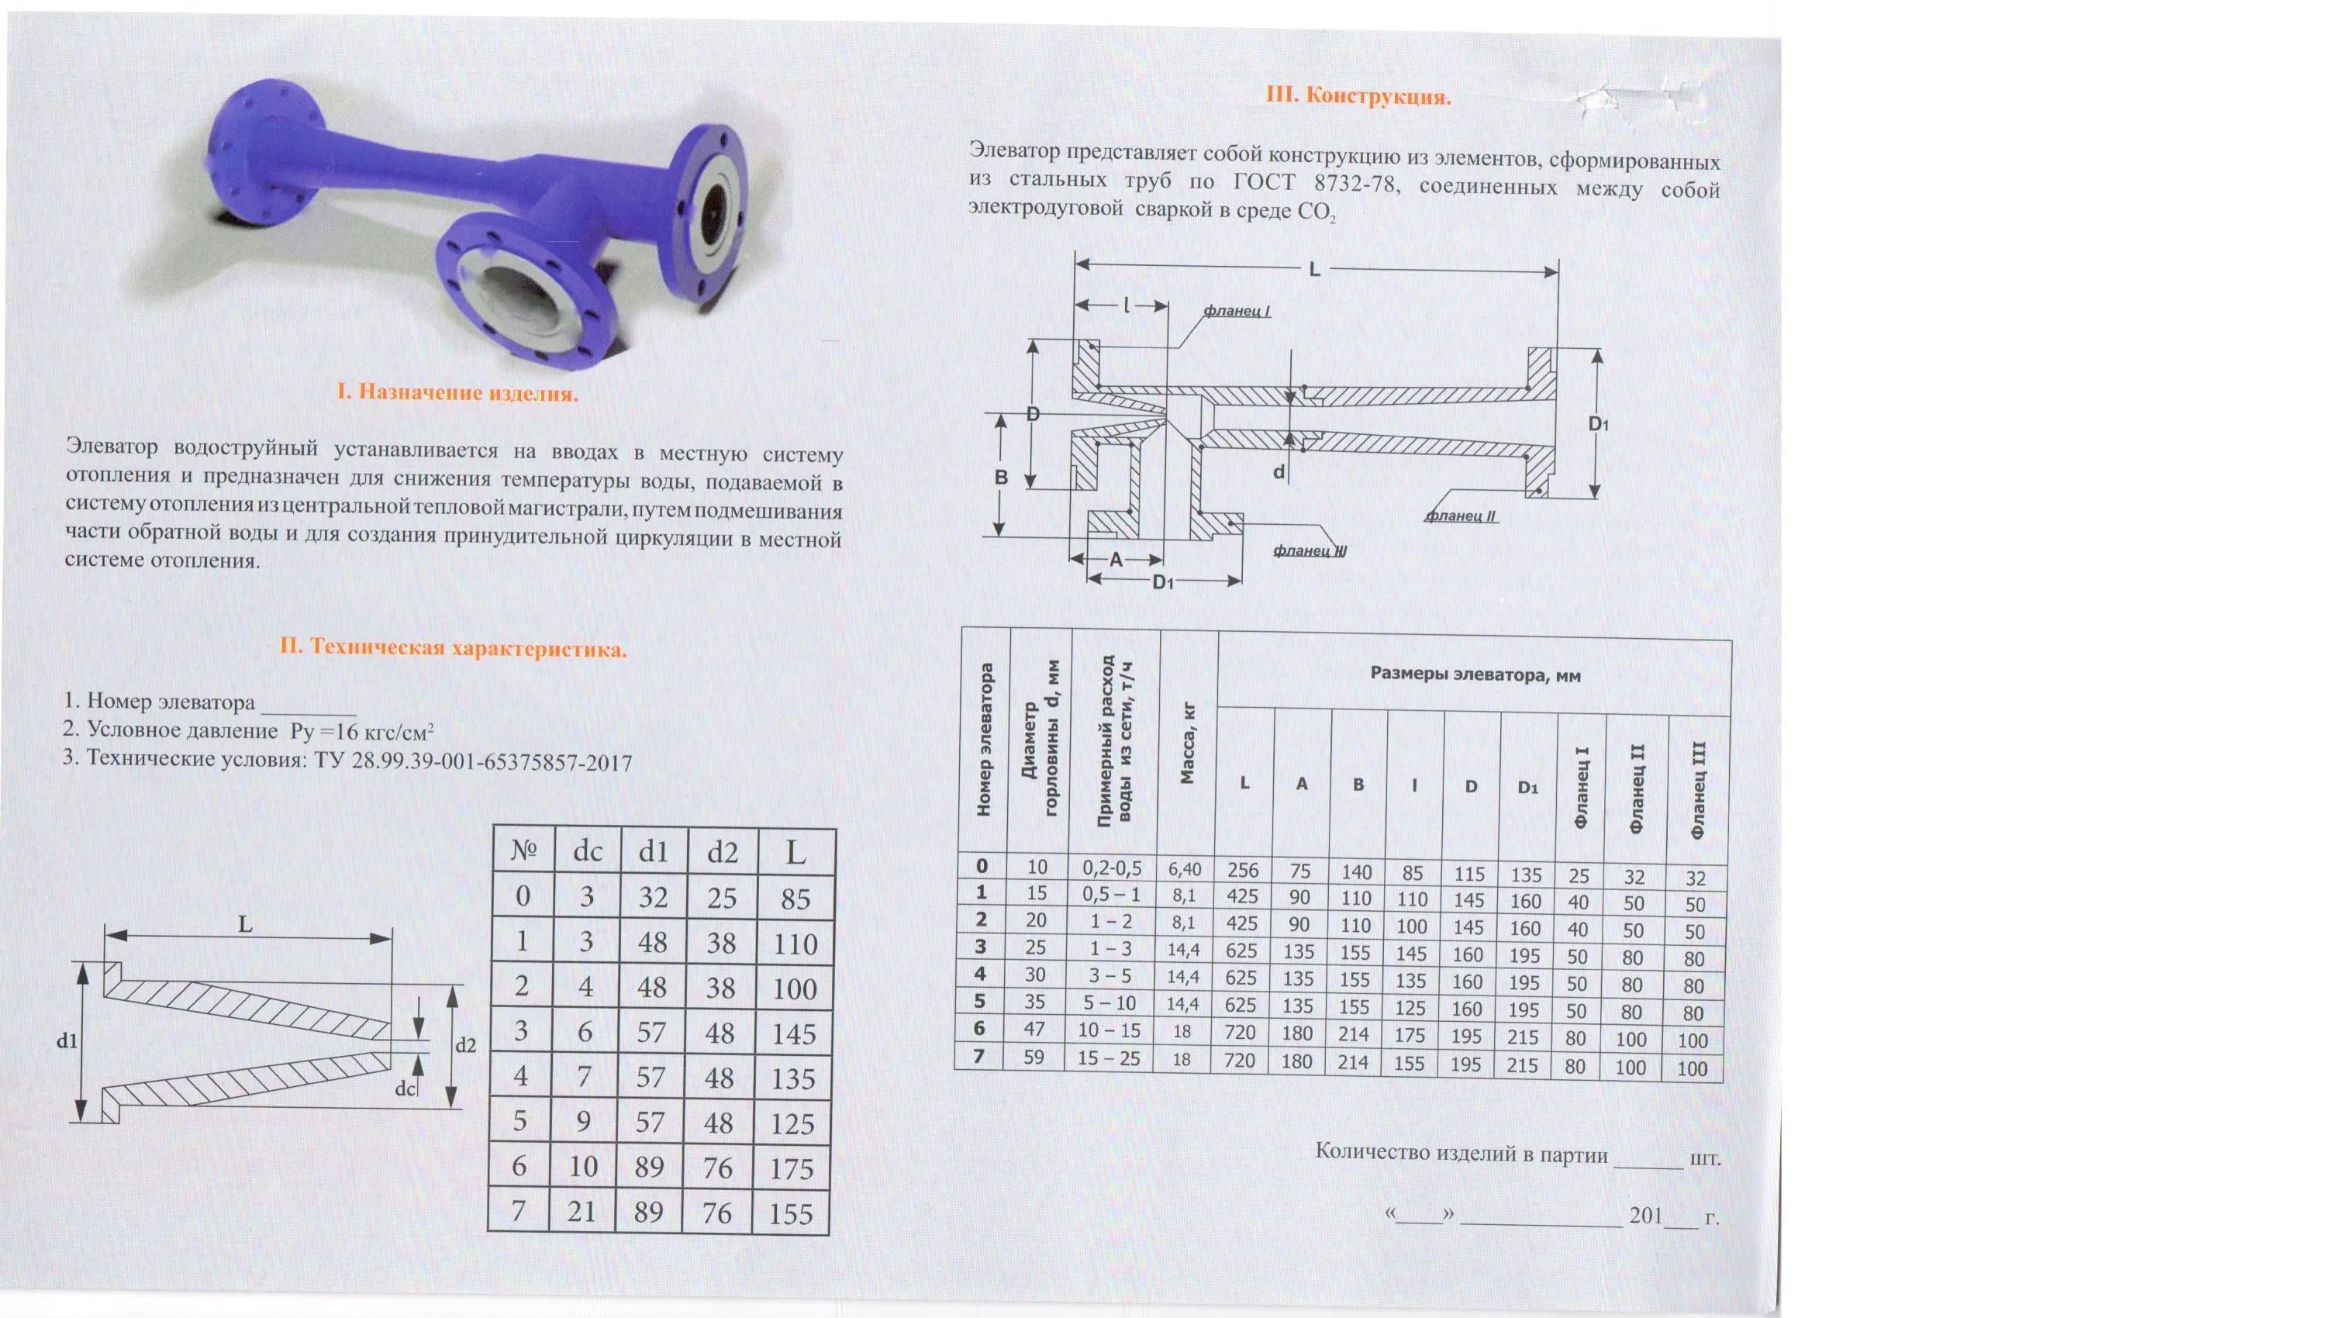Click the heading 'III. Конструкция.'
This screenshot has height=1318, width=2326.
(1357, 96)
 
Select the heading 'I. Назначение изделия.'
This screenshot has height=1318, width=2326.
(457, 392)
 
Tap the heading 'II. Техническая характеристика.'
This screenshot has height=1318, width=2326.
(453, 648)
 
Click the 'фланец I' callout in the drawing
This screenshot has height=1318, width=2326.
(1237, 312)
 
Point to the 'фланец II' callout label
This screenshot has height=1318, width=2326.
(1461, 516)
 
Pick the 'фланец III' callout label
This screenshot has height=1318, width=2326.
(1310, 550)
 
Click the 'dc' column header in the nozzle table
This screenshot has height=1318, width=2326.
(588, 851)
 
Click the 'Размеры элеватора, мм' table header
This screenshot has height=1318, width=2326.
(1475, 675)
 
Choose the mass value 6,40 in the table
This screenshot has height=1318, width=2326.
(1185, 870)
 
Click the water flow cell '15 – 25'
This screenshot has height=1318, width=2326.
(1108, 1058)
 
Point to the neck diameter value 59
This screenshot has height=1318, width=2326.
(1034, 1057)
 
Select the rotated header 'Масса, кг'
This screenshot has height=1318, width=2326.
(1188, 742)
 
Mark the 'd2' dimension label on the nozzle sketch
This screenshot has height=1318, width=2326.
(465, 1046)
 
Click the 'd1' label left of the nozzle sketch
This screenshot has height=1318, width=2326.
(66, 1041)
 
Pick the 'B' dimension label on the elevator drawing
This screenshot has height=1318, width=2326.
(1001, 477)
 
